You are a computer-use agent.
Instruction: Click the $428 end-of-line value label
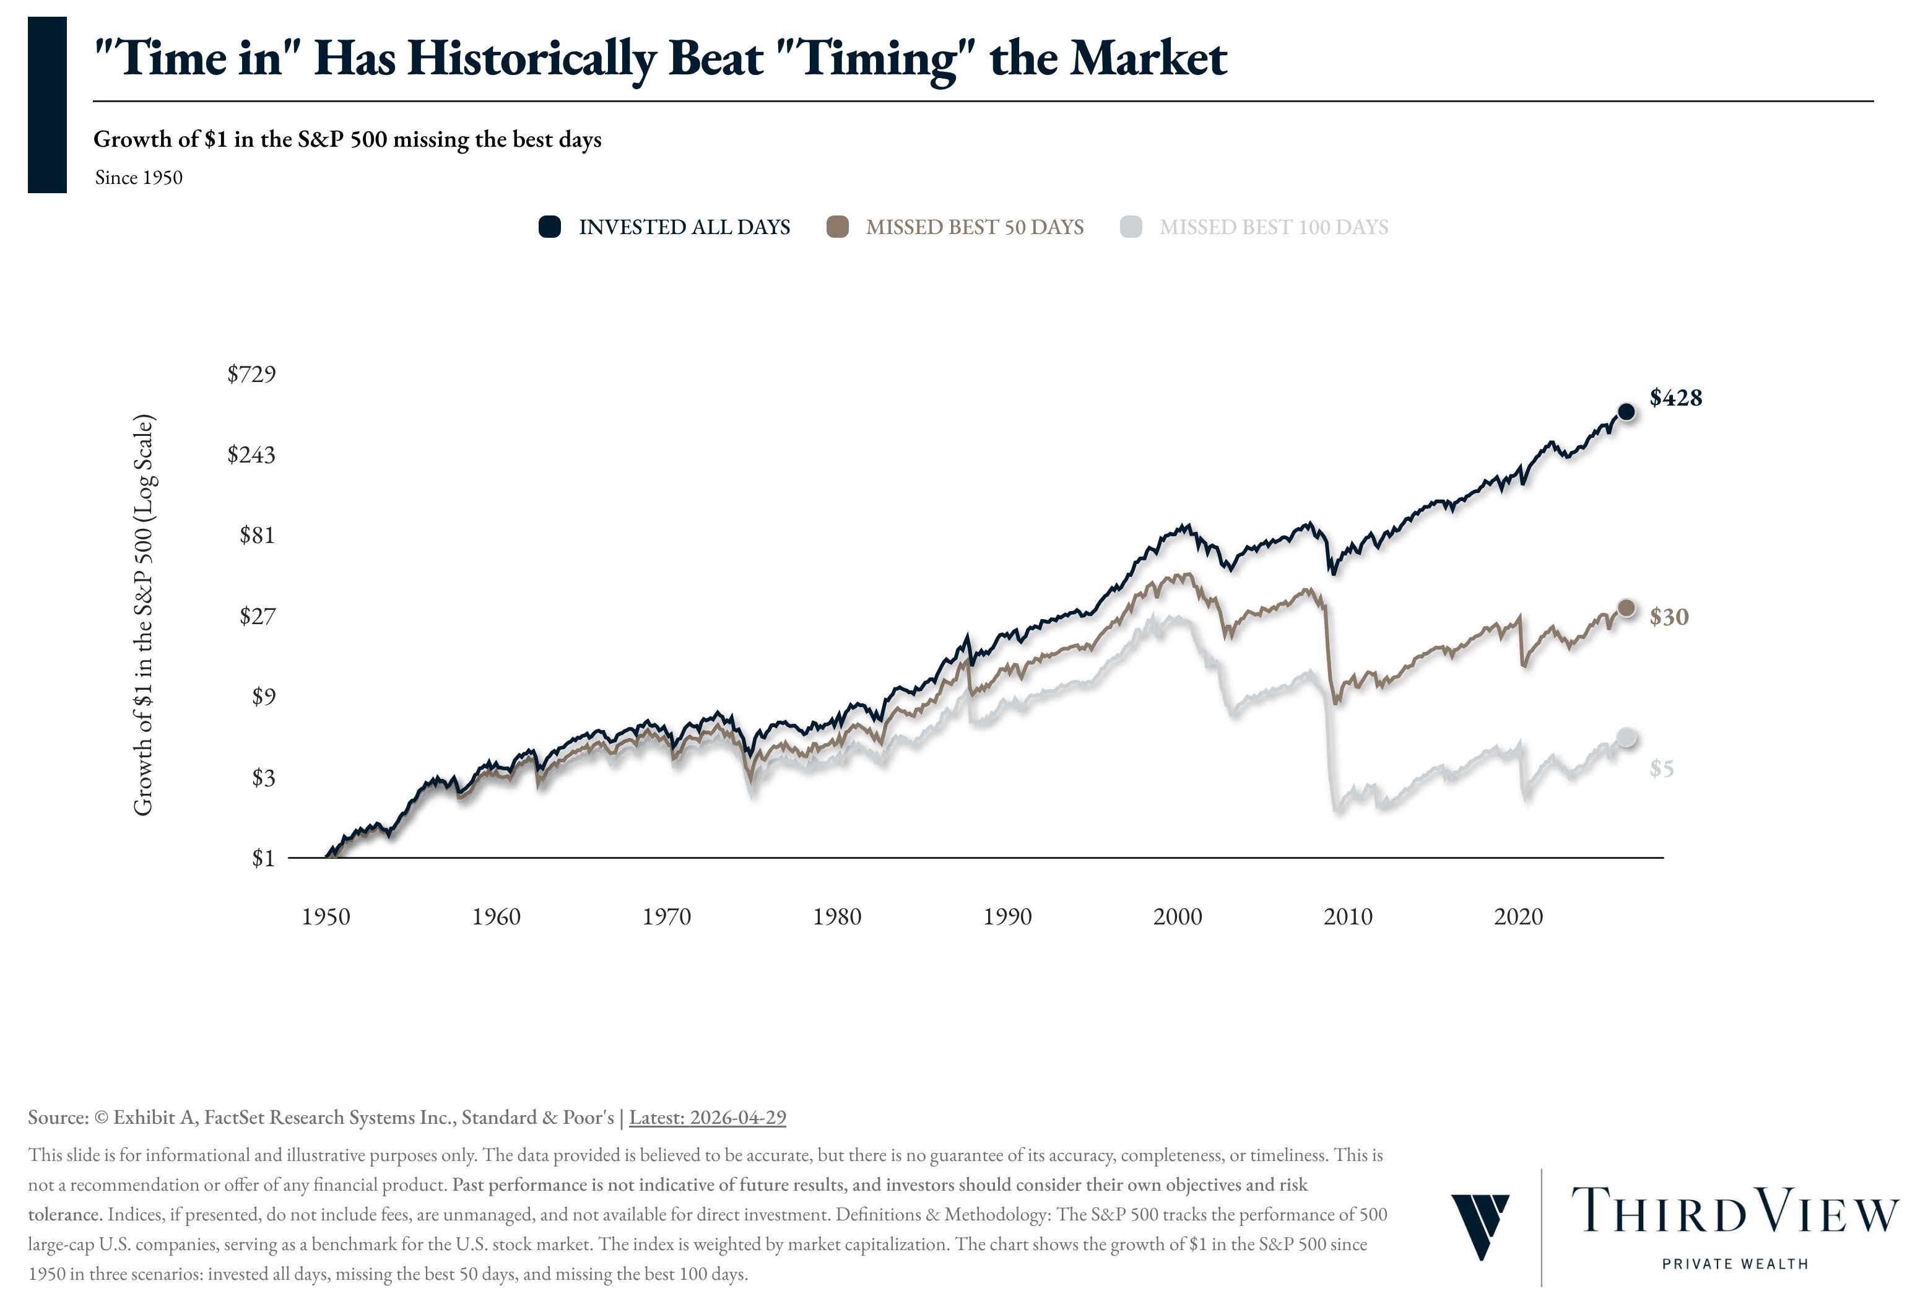point(1675,398)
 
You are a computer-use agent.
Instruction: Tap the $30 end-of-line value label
point(1669,617)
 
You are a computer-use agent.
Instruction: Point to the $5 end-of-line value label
point(1661,770)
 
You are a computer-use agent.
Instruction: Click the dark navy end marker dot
point(1626,411)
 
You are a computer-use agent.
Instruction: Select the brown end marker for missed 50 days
point(1626,608)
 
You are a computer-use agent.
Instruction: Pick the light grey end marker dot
point(1626,737)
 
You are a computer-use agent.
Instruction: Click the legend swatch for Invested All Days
point(549,227)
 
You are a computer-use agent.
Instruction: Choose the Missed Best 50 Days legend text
point(974,227)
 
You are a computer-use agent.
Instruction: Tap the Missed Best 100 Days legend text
point(1274,227)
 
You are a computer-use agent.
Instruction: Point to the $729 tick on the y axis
point(251,374)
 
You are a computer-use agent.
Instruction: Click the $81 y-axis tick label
point(257,535)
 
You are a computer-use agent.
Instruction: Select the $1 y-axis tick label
point(263,859)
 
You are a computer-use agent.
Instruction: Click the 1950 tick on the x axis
point(326,916)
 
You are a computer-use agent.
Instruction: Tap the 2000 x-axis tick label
point(1177,916)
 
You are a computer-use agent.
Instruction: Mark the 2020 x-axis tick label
point(1518,916)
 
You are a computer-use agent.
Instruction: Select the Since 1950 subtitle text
point(139,178)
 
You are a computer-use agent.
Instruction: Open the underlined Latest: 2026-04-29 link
point(707,1118)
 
